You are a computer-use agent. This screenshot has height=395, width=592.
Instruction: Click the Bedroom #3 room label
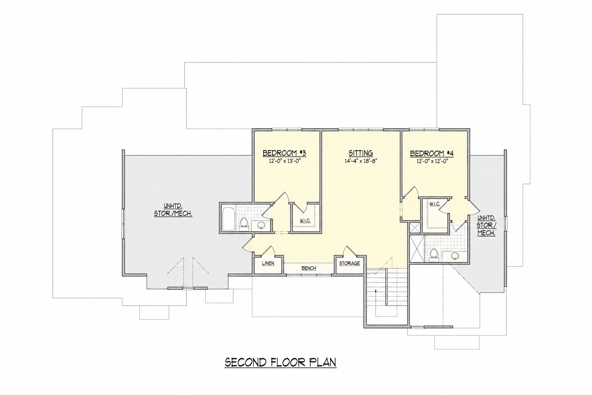(x=284, y=153)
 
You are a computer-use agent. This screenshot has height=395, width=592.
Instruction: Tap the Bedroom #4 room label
(x=432, y=154)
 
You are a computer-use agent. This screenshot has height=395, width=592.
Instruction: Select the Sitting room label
(x=360, y=153)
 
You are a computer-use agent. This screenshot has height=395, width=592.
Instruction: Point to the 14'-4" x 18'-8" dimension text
(x=360, y=161)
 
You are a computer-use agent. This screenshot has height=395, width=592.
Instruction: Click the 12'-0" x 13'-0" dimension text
(x=284, y=161)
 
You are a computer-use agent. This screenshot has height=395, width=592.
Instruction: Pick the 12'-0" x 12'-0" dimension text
(x=432, y=161)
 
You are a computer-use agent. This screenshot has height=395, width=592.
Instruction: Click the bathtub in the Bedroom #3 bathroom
(x=228, y=219)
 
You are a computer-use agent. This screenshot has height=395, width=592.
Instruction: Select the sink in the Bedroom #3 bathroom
(x=261, y=225)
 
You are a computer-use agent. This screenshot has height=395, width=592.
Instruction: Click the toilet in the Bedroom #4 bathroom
(x=434, y=255)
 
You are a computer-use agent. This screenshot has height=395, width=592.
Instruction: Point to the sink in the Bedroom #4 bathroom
(x=455, y=256)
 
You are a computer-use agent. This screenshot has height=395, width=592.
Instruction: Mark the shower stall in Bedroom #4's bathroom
(x=417, y=249)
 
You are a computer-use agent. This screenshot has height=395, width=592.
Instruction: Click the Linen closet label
(x=268, y=263)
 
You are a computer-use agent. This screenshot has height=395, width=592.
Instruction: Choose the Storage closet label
(x=350, y=263)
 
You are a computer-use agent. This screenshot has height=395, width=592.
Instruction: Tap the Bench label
(x=309, y=268)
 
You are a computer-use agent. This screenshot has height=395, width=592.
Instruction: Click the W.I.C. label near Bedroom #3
(x=305, y=221)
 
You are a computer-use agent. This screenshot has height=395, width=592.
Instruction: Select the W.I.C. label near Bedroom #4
(x=435, y=204)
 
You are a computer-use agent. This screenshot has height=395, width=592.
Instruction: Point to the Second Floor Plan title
(x=281, y=362)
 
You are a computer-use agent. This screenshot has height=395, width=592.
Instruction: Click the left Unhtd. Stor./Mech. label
(x=173, y=210)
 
